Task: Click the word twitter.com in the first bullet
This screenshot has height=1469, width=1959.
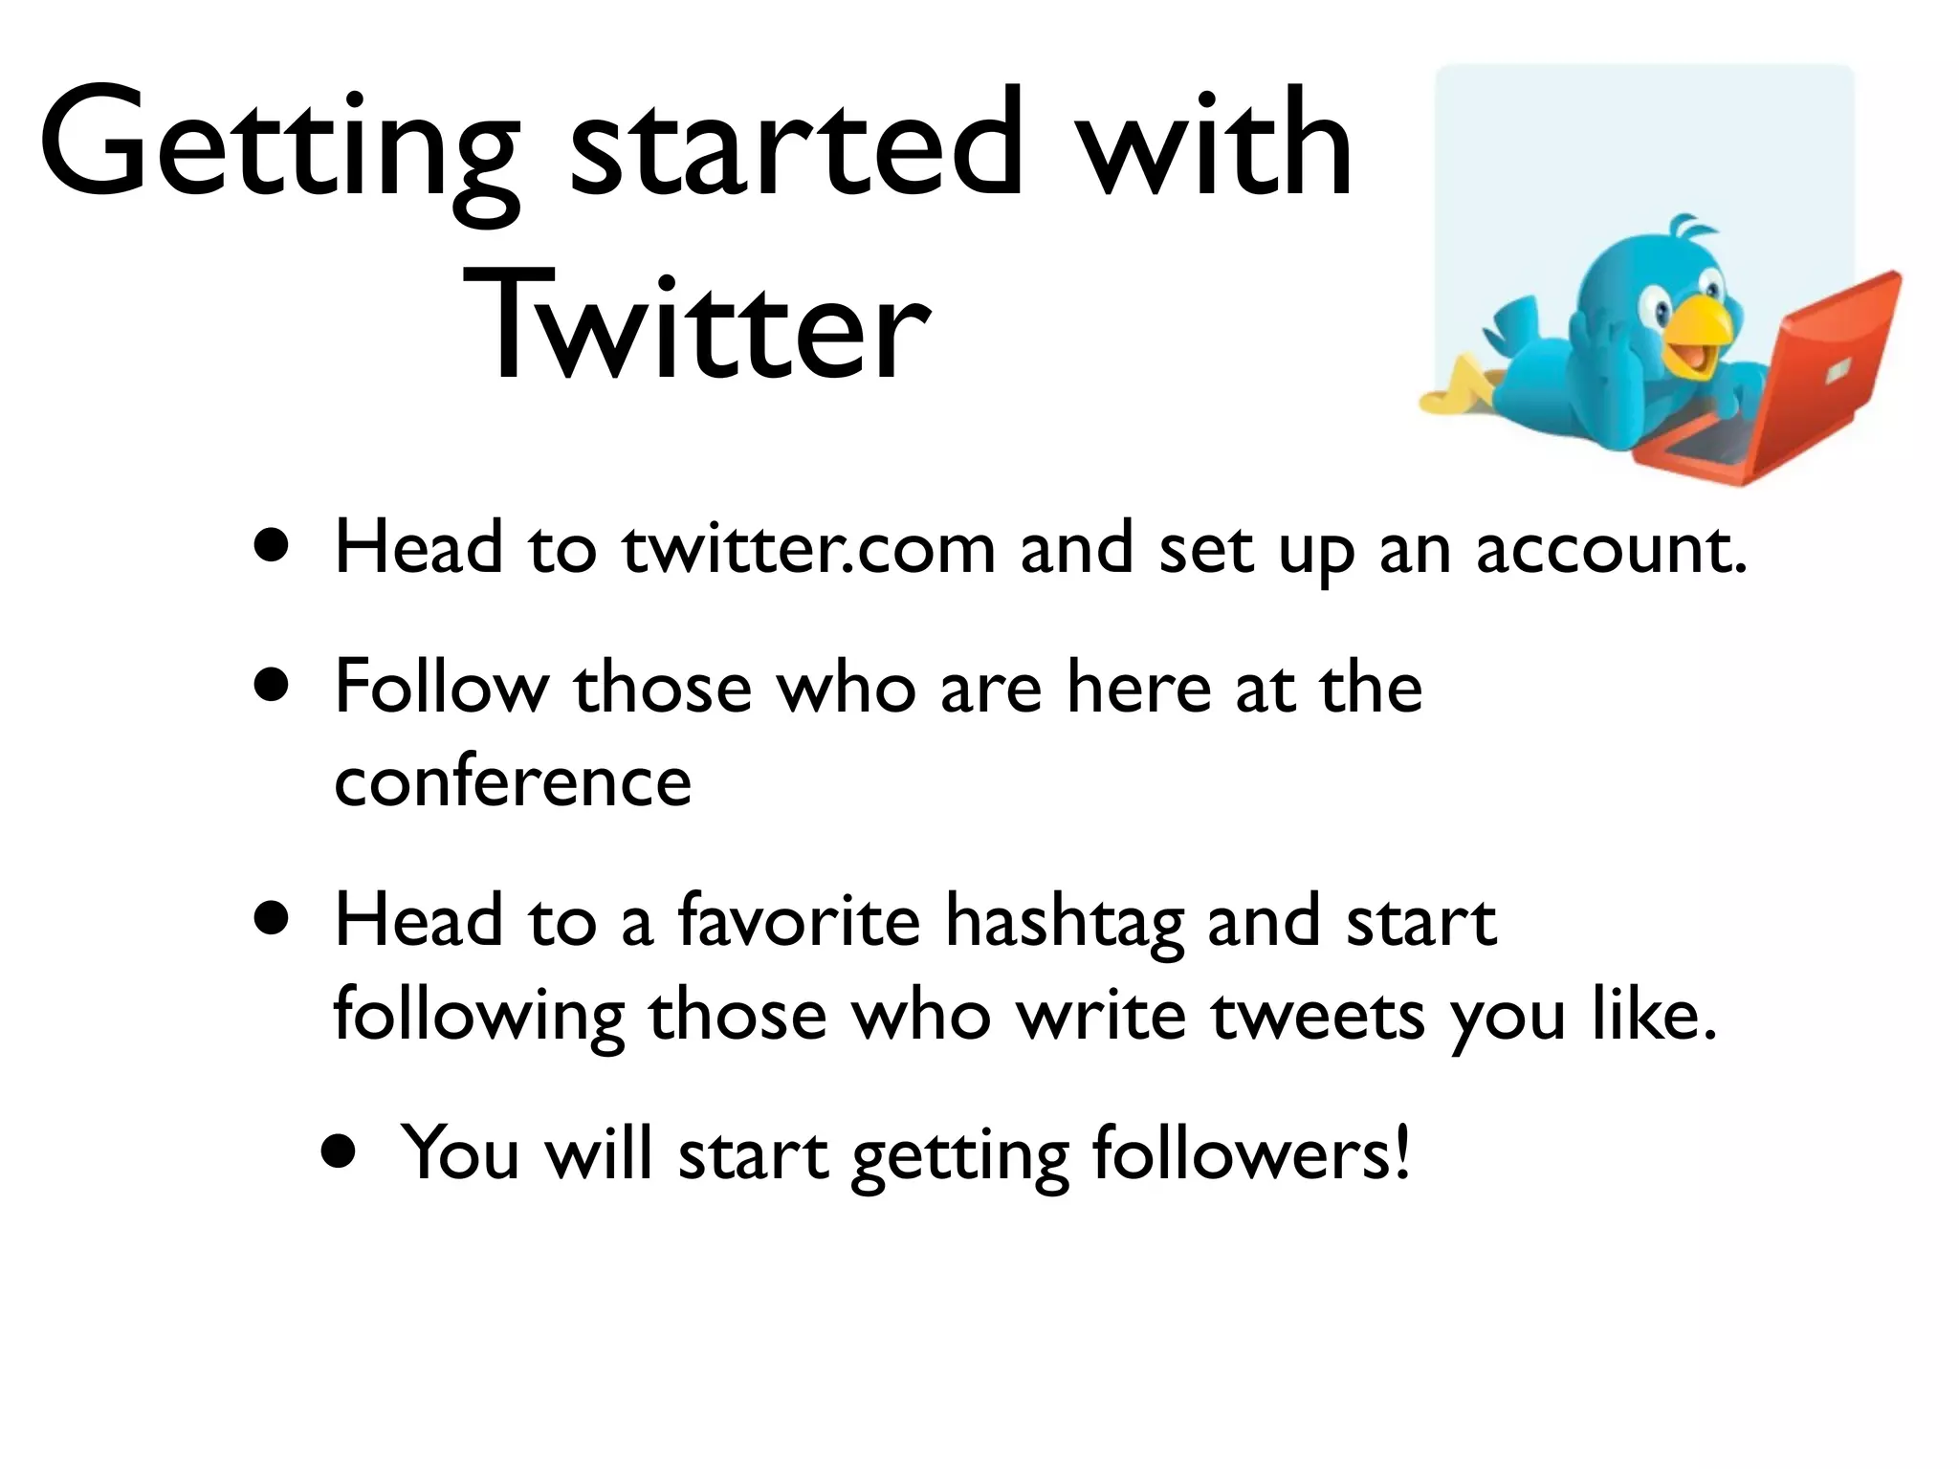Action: (808, 550)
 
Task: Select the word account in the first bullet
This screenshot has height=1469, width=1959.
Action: (1611, 550)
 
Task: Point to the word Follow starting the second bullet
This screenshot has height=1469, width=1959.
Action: (441, 687)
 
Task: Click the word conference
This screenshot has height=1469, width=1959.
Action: (513, 781)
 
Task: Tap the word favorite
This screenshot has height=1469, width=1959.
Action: (799, 920)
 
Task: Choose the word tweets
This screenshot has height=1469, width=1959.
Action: (1318, 1016)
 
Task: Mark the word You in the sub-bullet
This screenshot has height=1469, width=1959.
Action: (459, 1152)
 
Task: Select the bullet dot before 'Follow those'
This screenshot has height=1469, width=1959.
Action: (273, 686)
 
